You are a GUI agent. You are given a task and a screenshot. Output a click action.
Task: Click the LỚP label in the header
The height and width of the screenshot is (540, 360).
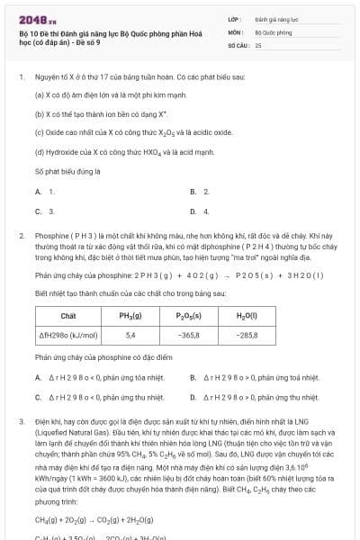point(235,17)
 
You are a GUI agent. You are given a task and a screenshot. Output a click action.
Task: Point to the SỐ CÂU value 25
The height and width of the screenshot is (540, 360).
point(257,44)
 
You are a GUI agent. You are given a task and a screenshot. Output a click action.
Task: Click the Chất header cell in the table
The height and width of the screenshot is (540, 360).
point(68,316)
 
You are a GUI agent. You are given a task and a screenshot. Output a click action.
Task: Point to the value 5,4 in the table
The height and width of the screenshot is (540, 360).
point(130,335)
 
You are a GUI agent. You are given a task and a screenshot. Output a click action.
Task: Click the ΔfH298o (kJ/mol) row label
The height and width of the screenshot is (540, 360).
point(68,335)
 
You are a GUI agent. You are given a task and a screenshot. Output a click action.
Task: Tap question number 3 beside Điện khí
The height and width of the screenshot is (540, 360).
point(21,421)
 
